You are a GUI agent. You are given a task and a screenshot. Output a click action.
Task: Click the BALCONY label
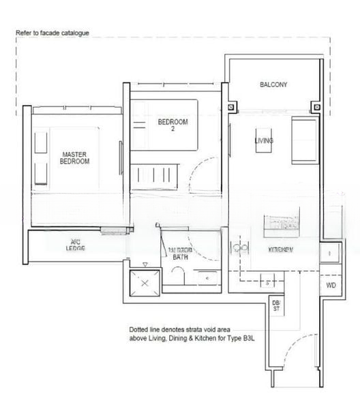[x=273, y=85]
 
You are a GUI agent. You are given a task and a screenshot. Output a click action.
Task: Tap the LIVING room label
[x=264, y=141]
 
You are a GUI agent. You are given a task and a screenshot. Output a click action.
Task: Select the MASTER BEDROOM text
[x=75, y=158]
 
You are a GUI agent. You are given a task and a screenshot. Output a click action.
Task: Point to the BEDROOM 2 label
[x=172, y=125]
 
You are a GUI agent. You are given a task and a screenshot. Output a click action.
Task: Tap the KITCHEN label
[x=280, y=250]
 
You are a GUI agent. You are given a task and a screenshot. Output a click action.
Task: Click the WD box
[x=331, y=285]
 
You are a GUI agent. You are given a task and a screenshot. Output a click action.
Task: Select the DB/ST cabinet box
[x=276, y=306]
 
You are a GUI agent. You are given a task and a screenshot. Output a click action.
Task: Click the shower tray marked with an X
[x=145, y=284]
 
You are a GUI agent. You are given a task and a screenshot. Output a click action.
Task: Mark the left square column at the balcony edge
[x=232, y=106]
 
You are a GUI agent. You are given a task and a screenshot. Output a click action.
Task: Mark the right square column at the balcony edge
[x=315, y=106]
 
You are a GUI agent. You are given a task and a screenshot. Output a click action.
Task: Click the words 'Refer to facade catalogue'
[x=52, y=33]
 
